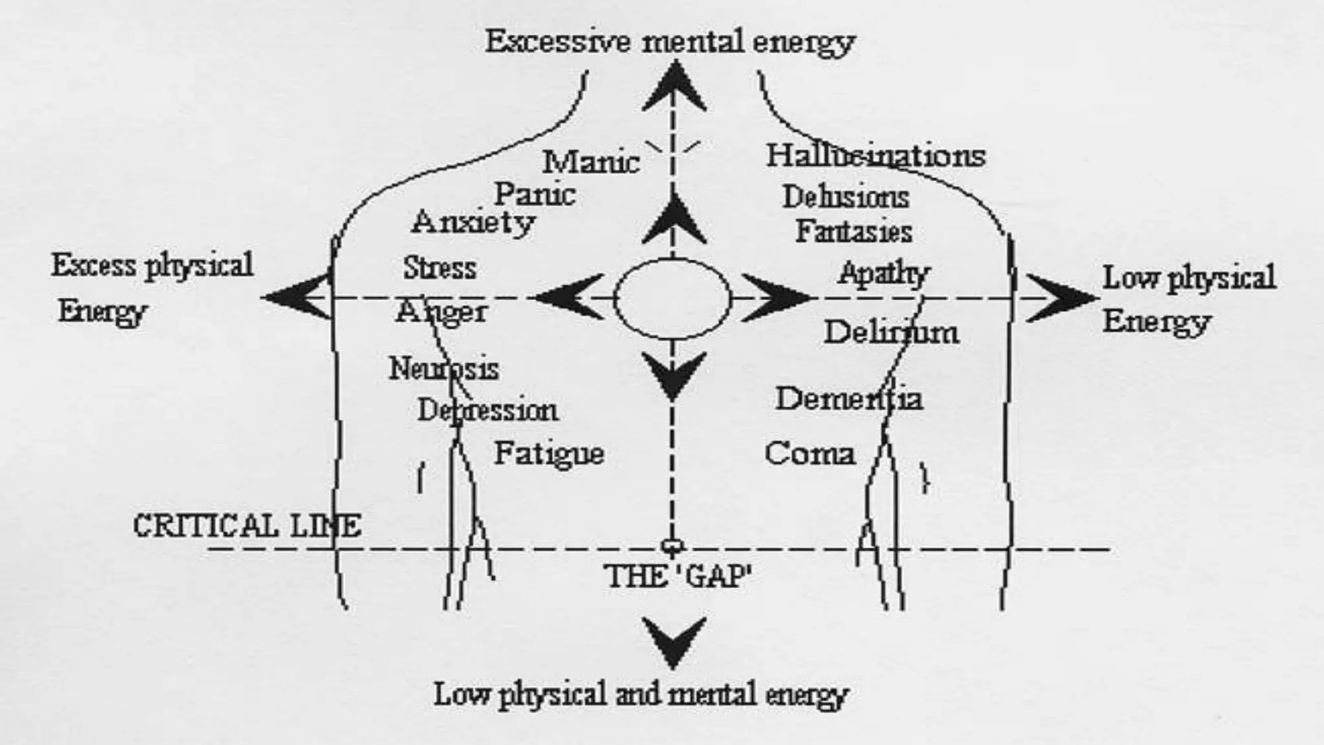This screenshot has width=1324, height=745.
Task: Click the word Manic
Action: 591,162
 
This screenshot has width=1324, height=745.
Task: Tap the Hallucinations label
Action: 875,156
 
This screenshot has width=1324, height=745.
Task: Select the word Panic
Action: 535,194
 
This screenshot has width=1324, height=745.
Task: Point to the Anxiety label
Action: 473,223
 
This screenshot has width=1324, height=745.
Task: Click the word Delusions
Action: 846,197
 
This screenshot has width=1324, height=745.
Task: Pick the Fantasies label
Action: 853,232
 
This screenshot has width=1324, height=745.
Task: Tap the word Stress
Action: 440,268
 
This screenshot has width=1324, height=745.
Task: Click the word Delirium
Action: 891,332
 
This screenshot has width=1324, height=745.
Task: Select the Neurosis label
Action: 443,369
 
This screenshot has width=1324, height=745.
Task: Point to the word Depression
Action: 487,410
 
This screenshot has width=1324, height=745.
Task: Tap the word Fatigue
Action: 549,453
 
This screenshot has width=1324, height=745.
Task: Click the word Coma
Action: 809,453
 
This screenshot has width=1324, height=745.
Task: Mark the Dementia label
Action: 849,398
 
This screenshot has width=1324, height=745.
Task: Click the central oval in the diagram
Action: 672,299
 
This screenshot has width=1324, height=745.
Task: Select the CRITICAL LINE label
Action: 247,526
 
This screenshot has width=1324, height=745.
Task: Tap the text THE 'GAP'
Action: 678,576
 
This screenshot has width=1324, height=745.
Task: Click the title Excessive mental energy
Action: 670,42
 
